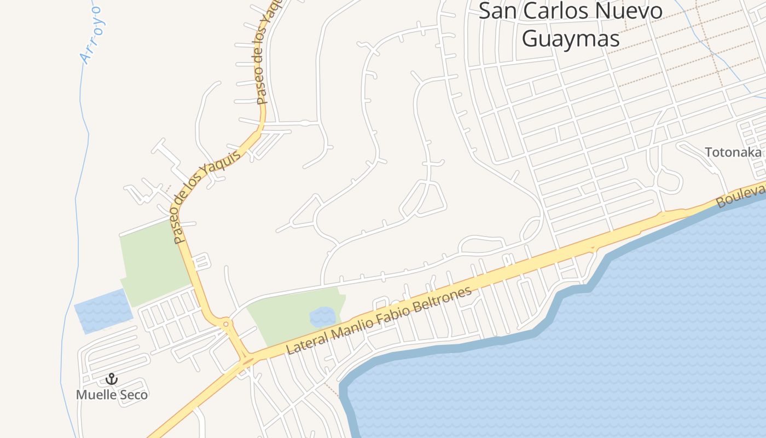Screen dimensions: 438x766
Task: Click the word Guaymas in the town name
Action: [x=571, y=38]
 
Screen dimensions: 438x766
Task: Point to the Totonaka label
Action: [x=733, y=152]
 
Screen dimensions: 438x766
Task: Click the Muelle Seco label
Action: [x=112, y=395]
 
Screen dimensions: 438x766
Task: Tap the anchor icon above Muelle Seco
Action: [x=112, y=379]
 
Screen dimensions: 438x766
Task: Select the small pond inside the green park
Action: [x=323, y=317]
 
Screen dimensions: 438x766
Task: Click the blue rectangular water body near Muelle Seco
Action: [x=103, y=310]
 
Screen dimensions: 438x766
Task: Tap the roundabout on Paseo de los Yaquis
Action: [x=227, y=325]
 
